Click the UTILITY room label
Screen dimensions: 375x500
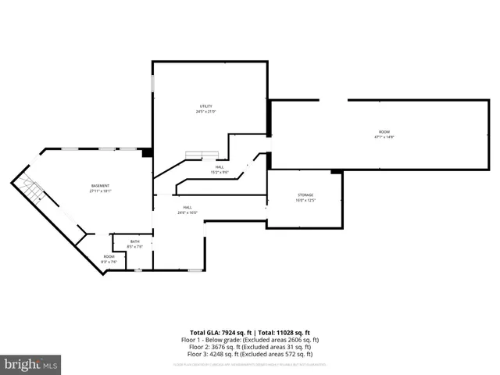(205, 106)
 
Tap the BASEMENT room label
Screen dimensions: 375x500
(100, 185)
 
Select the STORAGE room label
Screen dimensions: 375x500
(305, 195)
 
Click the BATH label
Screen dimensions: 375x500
(134, 241)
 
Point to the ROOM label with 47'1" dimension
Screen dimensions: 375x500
(384, 131)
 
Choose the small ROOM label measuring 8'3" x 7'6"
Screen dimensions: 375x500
(109, 257)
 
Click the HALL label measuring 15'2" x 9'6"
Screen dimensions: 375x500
(220, 167)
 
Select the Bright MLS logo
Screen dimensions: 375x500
(31, 363)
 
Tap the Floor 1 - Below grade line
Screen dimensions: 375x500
(250, 340)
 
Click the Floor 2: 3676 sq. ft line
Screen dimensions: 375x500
(250, 347)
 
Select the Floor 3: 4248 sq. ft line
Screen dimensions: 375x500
(250, 354)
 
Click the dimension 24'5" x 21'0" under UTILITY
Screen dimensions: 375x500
(205, 112)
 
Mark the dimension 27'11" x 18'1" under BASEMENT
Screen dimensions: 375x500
(100, 191)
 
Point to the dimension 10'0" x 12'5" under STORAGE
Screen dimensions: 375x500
(305, 200)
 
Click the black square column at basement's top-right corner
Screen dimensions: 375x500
(146, 153)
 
